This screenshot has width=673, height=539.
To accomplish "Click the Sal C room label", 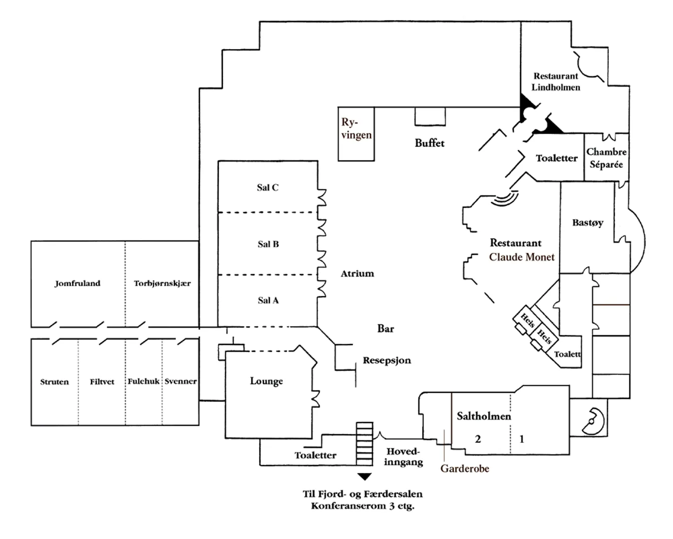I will pos(267,188).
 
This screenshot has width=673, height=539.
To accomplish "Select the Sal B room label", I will pos(268,244).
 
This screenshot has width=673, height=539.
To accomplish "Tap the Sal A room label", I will pos(268,300).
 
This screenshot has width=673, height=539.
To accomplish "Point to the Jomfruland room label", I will pos(78,283).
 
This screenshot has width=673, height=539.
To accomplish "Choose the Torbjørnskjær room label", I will pos(162,283).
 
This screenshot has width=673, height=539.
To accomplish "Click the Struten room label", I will pos(55,382).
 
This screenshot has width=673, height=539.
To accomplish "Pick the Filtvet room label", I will pos(102,382).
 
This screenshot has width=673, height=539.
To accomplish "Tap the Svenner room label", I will pos(181,381).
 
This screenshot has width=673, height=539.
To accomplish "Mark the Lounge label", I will pos(266,381).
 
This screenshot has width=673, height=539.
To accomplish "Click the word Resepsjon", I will pos(387,360).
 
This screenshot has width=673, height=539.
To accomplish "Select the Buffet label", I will pos(429,143).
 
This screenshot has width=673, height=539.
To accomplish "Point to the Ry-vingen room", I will pos(357,129).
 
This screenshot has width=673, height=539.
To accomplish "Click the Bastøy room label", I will pos(588,223).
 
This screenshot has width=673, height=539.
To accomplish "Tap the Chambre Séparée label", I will pos(606,158).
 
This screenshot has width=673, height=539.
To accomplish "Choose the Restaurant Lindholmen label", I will pos(556,82).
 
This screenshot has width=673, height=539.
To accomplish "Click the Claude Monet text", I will pos(522,257).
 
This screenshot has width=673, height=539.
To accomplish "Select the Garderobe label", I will pos(465,468).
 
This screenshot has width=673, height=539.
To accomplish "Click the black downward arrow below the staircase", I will pos(365,476).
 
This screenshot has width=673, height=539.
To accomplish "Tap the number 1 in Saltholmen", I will pos(522,439).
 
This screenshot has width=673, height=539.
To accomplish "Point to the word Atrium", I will pos(358,274).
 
